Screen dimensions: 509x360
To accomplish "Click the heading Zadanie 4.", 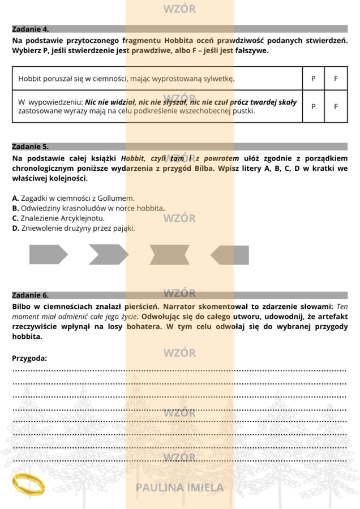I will tap(31, 28).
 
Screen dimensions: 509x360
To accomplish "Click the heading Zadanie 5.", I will tap(31, 146).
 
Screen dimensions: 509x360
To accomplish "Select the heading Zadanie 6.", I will tap(31, 295).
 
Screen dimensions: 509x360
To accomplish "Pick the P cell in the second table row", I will tap(314, 106).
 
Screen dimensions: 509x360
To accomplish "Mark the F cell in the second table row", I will tap(336, 106).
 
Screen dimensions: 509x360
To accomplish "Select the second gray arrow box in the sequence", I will tap(108, 255).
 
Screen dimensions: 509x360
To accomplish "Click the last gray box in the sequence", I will tap(230, 255).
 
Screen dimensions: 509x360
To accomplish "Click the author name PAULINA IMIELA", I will tap(180, 487).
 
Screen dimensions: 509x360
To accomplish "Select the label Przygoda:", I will tap(29, 358).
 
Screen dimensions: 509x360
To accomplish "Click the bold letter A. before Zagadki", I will tap(15, 198).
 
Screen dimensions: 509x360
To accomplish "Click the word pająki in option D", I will tap(123, 228).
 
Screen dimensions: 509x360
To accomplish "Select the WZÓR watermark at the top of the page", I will tap(179, 9).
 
